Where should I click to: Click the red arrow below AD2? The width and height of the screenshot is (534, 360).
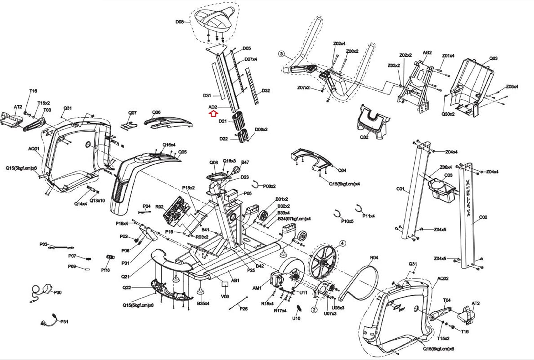coord(213,113)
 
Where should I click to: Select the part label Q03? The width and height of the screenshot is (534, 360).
coord(493,58)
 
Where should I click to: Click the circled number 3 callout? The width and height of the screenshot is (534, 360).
coord(281,54)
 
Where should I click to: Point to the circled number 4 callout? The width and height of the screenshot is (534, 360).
coord(342,244)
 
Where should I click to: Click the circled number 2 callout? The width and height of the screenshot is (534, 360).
coord(314,310)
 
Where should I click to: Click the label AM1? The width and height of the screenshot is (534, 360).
coord(257,288)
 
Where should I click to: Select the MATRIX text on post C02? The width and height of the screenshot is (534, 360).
coord(468,198)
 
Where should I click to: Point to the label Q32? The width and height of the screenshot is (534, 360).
coord(364,137)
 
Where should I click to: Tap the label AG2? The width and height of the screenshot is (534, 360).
coord(427,53)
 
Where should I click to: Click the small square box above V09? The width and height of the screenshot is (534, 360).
coord(225,284)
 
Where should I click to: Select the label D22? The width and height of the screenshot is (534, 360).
coord(224,138)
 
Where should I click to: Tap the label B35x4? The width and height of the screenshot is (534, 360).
coord(203,303)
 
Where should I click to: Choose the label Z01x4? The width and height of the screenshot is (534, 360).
coord(448,56)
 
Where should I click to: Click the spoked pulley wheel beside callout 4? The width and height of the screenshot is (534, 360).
coord(323,264)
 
